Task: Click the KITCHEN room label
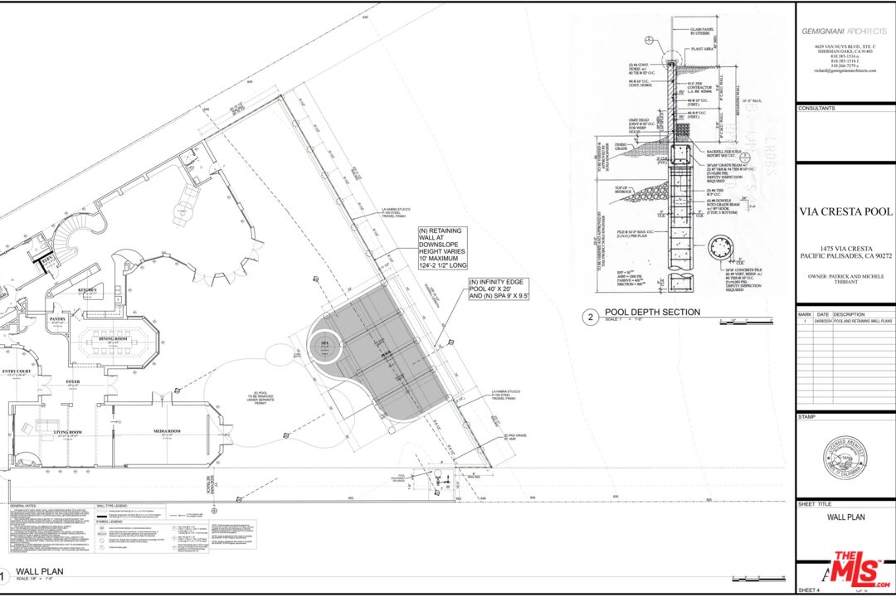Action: point(89,290)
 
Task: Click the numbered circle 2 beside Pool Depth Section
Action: point(590,316)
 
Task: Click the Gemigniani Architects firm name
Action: point(843,31)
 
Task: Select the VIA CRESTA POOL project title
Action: point(845,211)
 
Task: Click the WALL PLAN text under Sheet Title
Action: point(845,517)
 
